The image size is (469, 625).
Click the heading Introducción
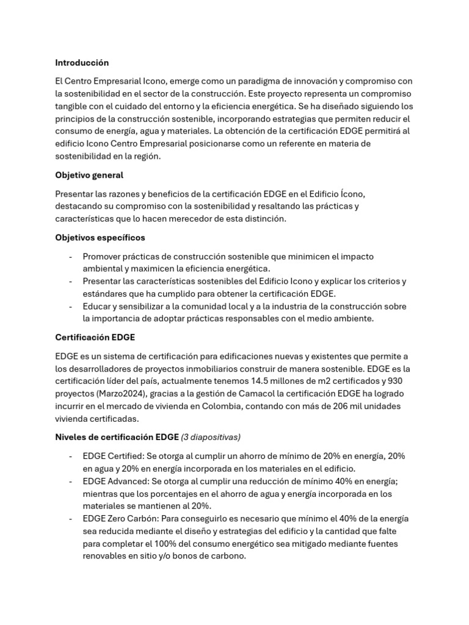(x=82, y=62)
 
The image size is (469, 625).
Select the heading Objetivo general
(x=89, y=175)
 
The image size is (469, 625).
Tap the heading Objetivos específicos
(x=100, y=237)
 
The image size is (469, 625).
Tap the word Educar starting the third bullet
(x=97, y=306)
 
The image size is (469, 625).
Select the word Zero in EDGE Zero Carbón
(x=117, y=518)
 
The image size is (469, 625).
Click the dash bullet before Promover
(x=71, y=256)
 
